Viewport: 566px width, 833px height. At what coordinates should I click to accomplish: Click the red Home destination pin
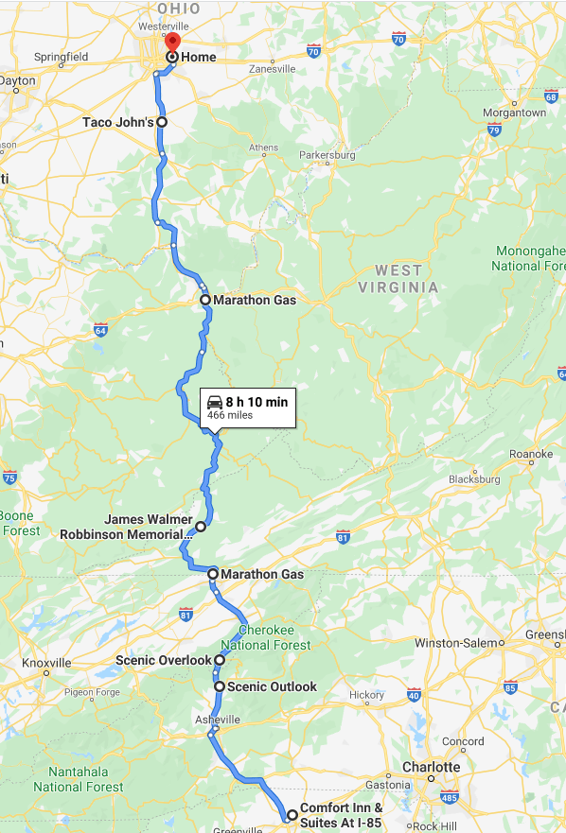[172, 43]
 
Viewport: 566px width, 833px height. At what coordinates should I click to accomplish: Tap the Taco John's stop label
[117, 122]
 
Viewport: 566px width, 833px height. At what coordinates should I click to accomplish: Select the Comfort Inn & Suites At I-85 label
[341, 816]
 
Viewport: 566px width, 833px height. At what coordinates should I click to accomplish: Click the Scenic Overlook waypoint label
[163, 660]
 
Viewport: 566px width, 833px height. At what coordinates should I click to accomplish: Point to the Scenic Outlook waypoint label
[273, 686]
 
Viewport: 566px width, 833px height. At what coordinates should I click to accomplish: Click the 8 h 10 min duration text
[256, 402]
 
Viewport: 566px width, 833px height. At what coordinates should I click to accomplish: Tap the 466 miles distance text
[229, 415]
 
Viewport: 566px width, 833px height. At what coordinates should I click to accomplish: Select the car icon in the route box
[214, 403]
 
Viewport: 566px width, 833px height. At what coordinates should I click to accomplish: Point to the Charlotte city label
[431, 767]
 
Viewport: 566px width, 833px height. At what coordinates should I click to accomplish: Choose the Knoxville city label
[46, 663]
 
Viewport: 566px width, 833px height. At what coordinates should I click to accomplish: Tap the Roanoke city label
[531, 455]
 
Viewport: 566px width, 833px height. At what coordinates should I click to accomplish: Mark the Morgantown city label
[514, 113]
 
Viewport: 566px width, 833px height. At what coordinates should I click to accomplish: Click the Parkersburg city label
[327, 154]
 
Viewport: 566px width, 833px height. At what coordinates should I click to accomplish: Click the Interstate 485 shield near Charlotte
[450, 797]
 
